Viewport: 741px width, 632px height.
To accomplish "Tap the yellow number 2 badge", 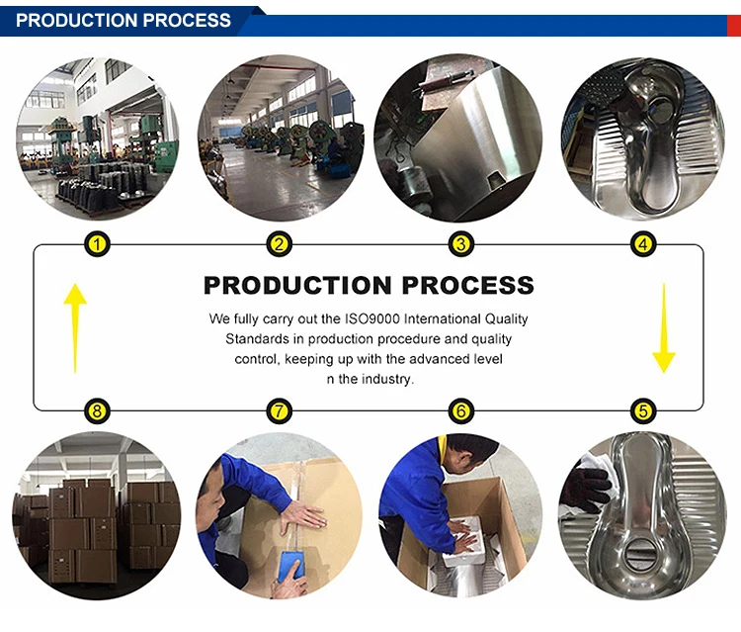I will (x=280, y=243).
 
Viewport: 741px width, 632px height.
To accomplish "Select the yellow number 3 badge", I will (x=460, y=243).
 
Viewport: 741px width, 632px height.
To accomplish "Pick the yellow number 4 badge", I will (x=643, y=243).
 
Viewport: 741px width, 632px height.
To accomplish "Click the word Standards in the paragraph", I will (x=255, y=339).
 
